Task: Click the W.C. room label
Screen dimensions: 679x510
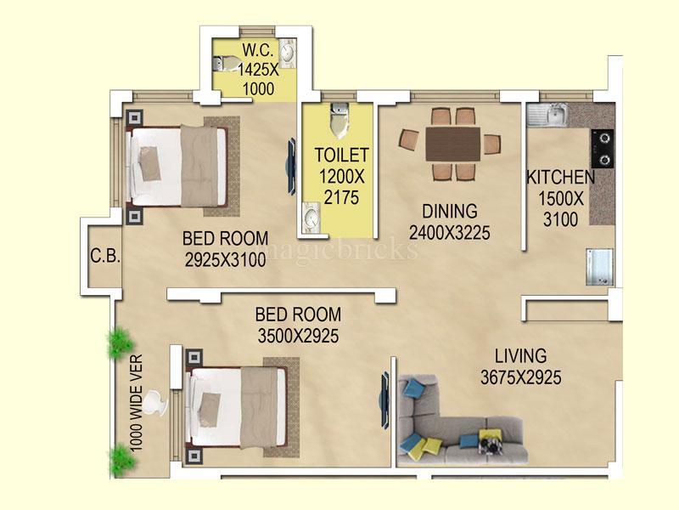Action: click(258, 50)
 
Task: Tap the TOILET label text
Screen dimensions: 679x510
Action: click(342, 155)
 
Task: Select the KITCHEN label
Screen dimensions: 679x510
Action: click(561, 178)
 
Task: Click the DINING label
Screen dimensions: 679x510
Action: click(450, 211)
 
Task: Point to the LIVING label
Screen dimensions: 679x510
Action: click(520, 356)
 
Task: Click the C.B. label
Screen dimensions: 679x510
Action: click(105, 256)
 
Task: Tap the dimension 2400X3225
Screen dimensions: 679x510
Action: click(450, 233)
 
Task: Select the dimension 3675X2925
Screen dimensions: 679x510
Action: click(520, 377)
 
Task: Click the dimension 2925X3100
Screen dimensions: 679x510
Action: click(225, 260)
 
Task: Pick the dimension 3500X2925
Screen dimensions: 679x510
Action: click(299, 336)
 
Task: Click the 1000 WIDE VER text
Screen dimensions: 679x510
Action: click(136, 403)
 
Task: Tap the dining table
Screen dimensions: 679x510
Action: click(453, 144)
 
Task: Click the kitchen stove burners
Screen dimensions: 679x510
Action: click(603, 149)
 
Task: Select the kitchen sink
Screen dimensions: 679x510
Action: click(547, 115)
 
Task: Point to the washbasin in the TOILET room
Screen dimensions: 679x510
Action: click(311, 217)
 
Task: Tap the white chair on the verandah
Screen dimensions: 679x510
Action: click(154, 403)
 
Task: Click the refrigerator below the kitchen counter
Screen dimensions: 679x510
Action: click(600, 267)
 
